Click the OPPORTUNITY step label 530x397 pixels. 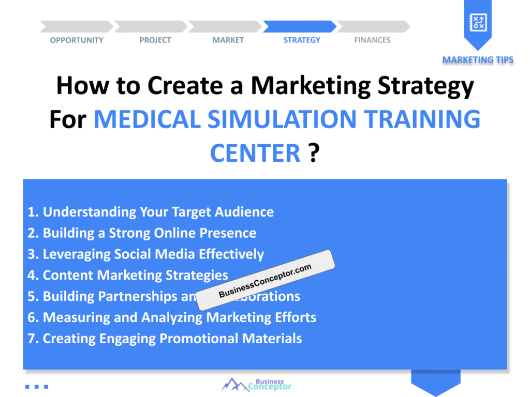pyautogui.click(x=77, y=40)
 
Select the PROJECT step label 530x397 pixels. pyautogui.click(x=155, y=40)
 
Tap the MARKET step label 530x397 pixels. pyautogui.click(x=228, y=40)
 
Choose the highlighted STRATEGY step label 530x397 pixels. pyautogui.click(x=302, y=40)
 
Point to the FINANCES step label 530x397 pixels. pyautogui.click(x=372, y=40)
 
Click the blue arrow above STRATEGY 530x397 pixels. pyautogui.click(x=300, y=26)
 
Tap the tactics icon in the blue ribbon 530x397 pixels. pyautogui.click(x=477, y=22)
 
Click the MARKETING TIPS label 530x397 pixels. pyautogui.click(x=478, y=60)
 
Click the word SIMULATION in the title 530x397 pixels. pyautogui.click(x=272, y=120)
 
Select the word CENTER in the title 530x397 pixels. pyautogui.click(x=255, y=153)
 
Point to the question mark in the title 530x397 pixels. pyautogui.click(x=313, y=153)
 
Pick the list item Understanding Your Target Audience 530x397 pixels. pyautogui.click(x=151, y=212)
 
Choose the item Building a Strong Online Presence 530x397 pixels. pyautogui.click(x=142, y=233)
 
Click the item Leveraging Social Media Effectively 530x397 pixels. pyautogui.click(x=146, y=254)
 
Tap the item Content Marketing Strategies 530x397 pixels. pyautogui.click(x=128, y=276)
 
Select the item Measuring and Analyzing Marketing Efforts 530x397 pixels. pyautogui.click(x=172, y=317)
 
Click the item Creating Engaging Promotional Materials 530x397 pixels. pyautogui.click(x=165, y=339)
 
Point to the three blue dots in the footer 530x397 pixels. pyautogui.click(x=36, y=386)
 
